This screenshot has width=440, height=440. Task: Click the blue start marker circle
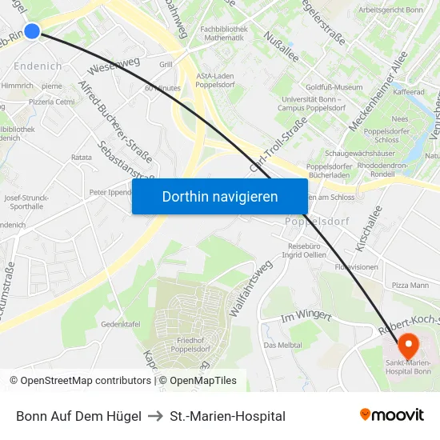click(31, 30)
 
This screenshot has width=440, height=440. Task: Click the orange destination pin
click(408, 345)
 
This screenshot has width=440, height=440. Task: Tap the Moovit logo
click(391, 415)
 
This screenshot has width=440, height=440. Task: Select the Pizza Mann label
click(410, 285)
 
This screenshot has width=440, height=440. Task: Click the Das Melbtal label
click(282, 345)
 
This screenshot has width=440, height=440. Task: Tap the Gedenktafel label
click(121, 324)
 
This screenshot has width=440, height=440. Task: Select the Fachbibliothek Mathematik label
click(223, 33)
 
